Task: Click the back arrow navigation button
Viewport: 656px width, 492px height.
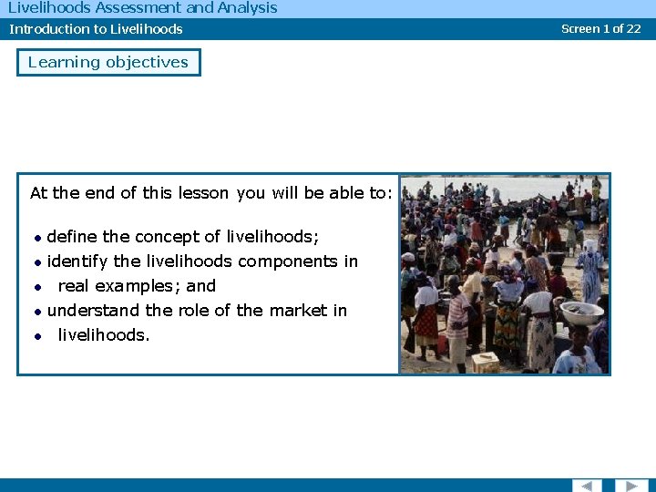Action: pyautogui.click(x=586, y=485)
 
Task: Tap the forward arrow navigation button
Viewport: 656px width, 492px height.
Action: pyautogui.click(x=630, y=485)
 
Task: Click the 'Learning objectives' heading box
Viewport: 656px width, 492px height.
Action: pyautogui.click(x=108, y=63)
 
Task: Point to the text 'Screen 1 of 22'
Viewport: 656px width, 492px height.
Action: pyautogui.click(x=600, y=28)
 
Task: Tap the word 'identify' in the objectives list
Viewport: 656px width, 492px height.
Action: pyautogui.click(x=77, y=261)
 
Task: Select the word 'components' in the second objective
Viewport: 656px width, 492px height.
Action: pyautogui.click(x=282, y=261)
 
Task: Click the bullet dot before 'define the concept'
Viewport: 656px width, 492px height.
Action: pyautogui.click(x=37, y=238)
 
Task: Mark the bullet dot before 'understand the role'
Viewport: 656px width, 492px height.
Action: pyautogui.click(x=37, y=312)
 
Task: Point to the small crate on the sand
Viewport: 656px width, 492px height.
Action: pyautogui.click(x=485, y=362)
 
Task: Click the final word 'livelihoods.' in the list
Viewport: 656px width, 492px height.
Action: pyautogui.click(x=104, y=335)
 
